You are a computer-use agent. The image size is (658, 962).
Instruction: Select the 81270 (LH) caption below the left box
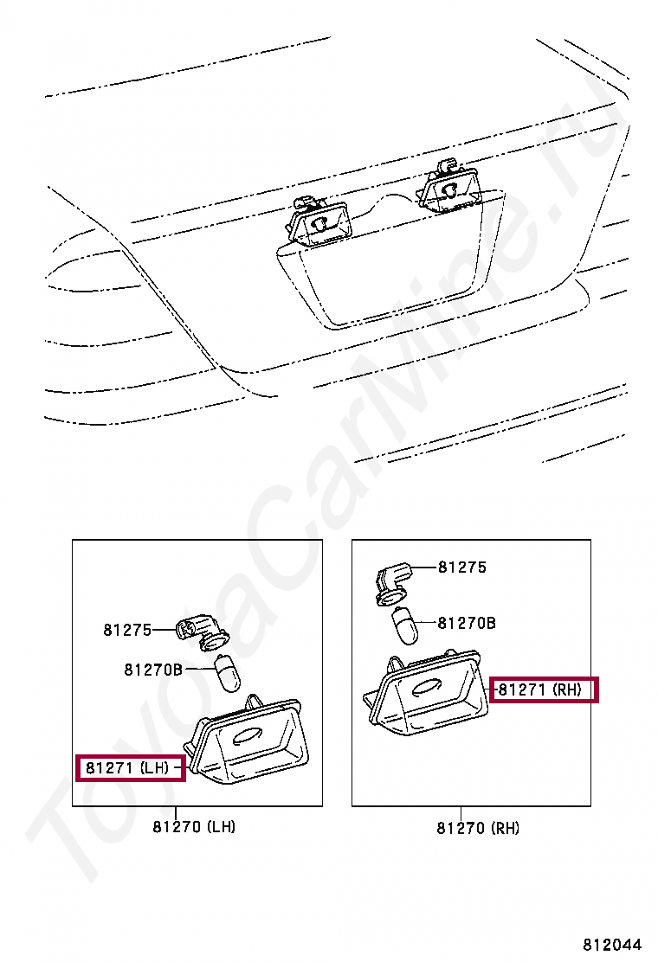click(x=194, y=827)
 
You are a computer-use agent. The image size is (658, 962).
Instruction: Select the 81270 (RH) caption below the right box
click(x=478, y=828)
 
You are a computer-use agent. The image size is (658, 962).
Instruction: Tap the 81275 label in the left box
click(x=127, y=630)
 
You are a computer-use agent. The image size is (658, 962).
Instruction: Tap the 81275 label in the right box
click(x=462, y=568)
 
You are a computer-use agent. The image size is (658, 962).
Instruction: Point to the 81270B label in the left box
click(x=153, y=670)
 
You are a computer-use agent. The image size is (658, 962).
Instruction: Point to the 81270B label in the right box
click(x=467, y=624)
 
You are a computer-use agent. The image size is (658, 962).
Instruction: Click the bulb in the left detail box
click(x=229, y=673)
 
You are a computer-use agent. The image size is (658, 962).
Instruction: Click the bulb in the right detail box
click(x=404, y=625)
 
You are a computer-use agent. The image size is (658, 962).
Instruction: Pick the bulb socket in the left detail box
click(x=203, y=632)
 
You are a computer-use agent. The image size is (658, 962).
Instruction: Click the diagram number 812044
click(x=612, y=944)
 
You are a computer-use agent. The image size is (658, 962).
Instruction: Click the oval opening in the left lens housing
click(x=248, y=735)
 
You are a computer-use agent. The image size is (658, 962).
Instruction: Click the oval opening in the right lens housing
click(x=427, y=687)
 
